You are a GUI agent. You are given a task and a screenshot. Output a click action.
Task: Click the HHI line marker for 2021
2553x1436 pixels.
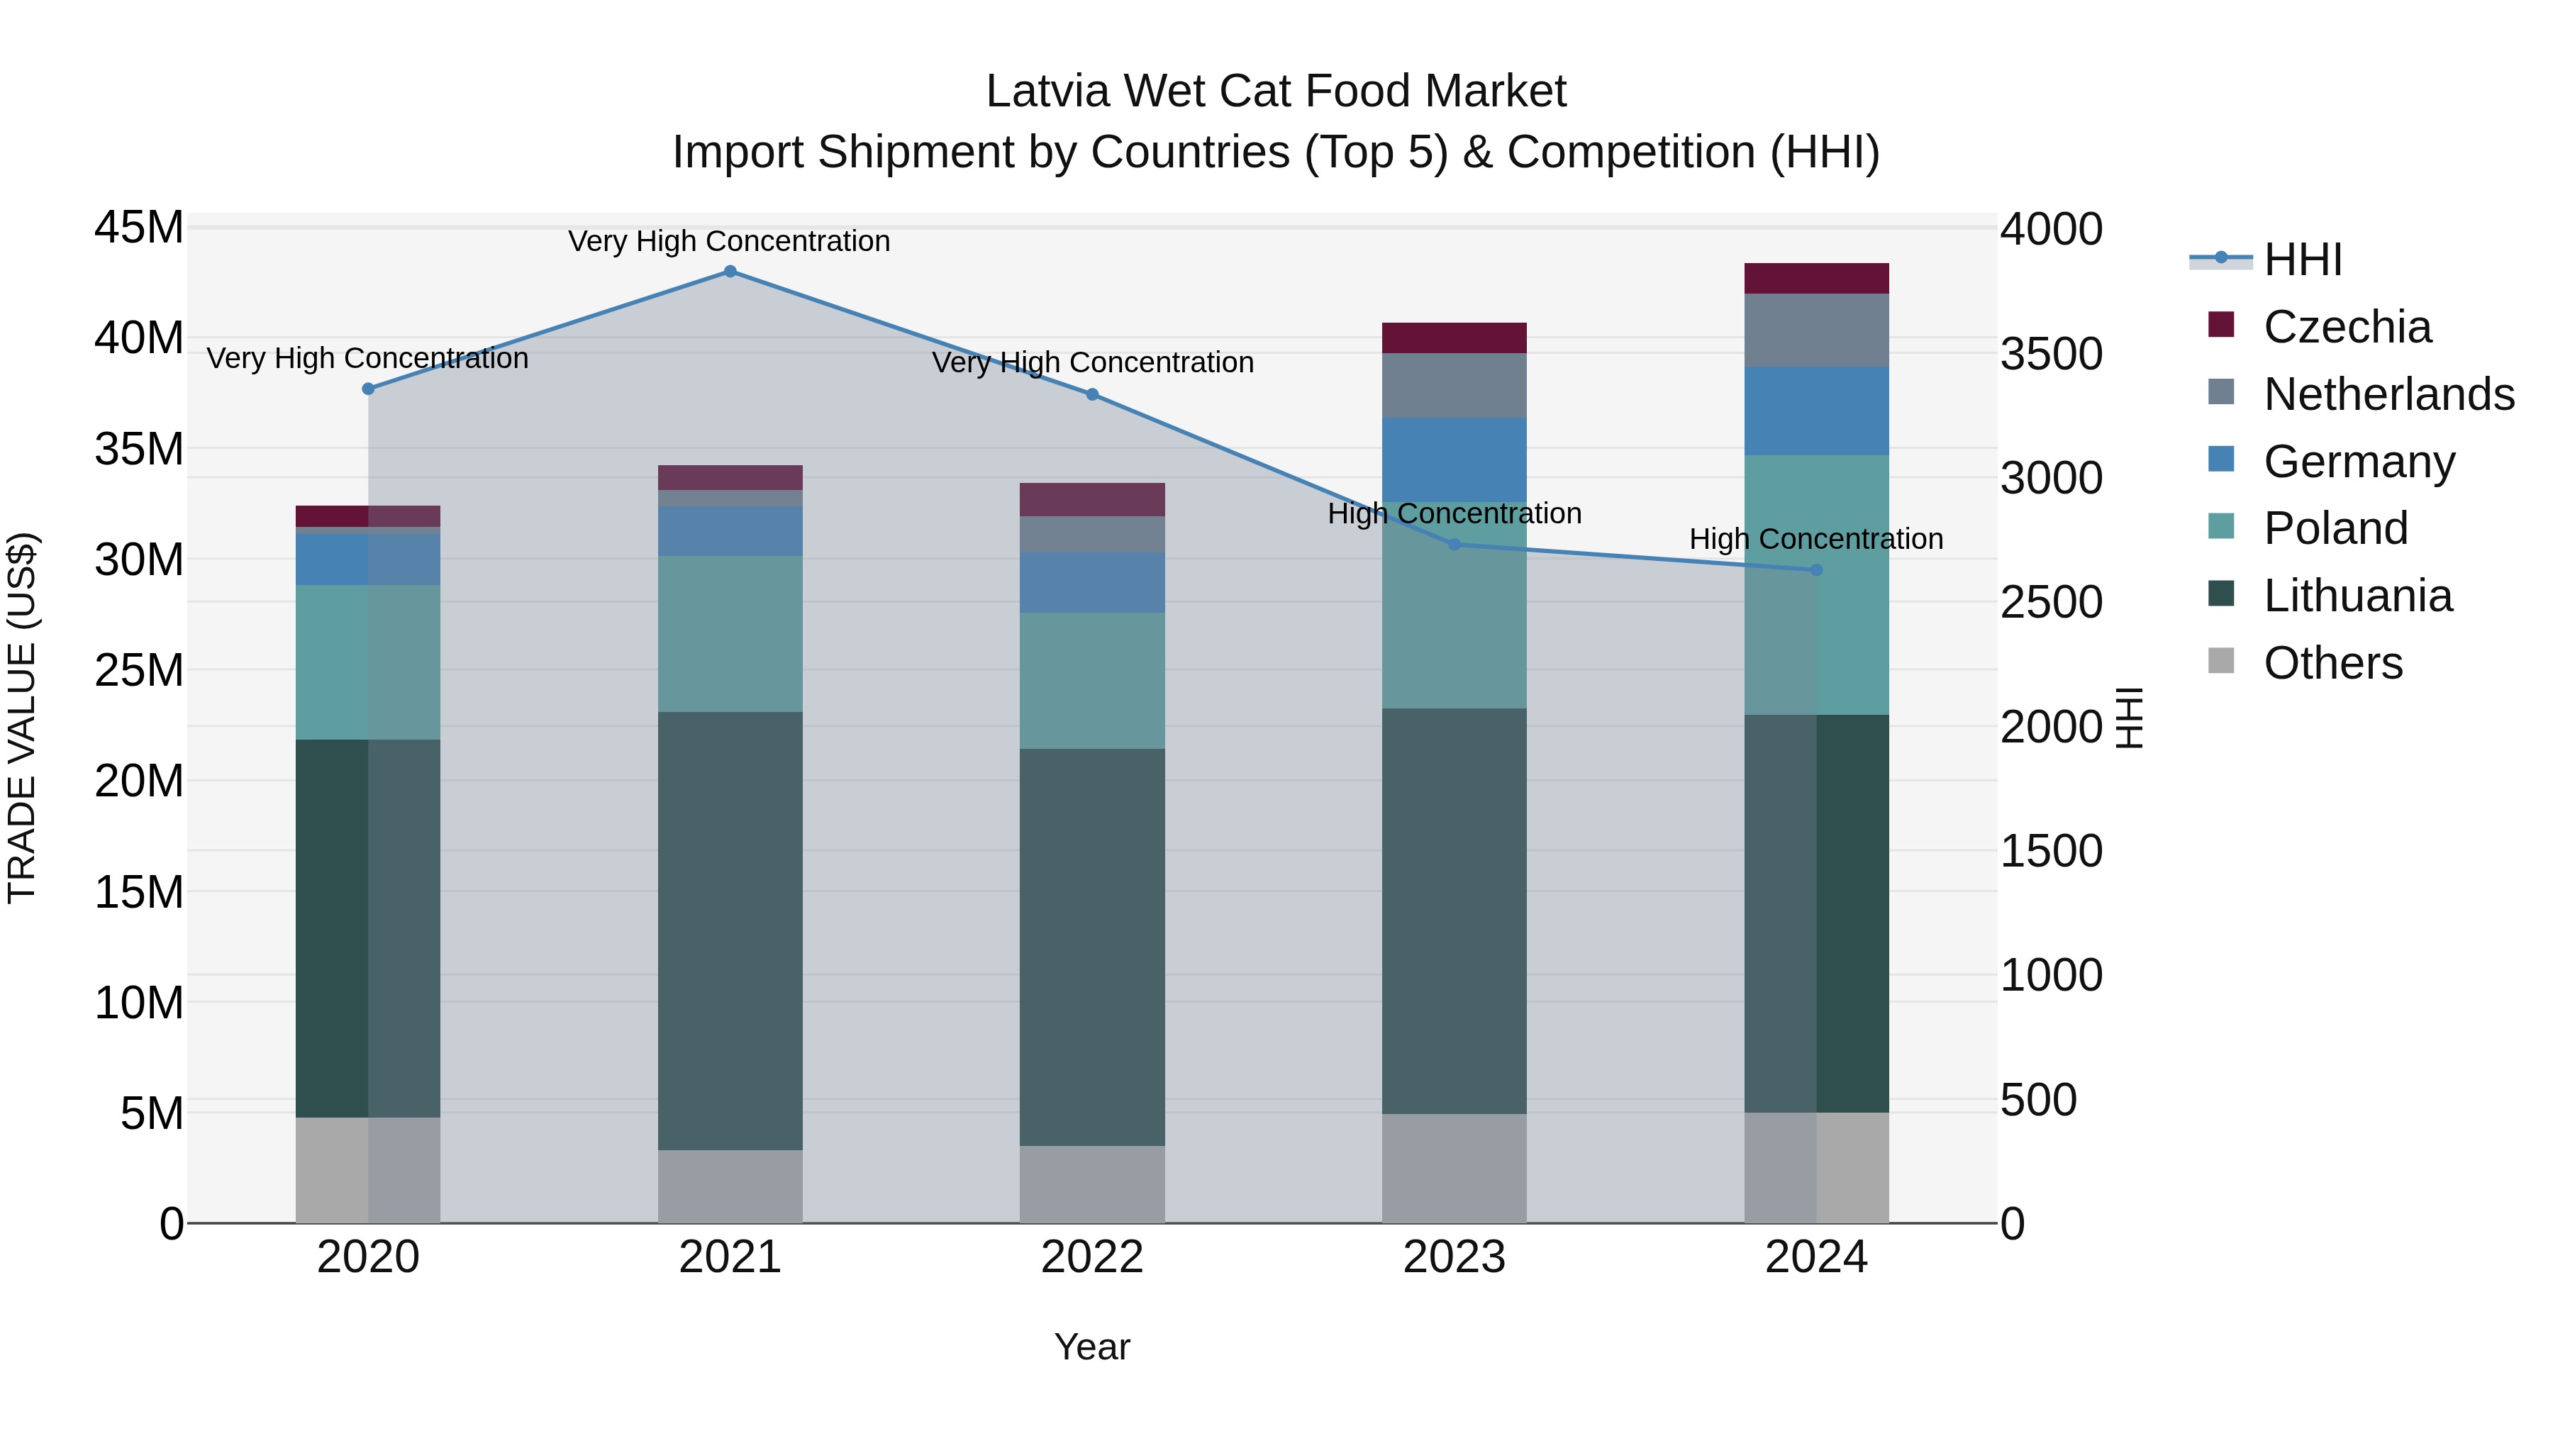pos(730,272)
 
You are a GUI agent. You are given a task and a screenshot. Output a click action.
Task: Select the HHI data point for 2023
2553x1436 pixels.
pos(1454,544)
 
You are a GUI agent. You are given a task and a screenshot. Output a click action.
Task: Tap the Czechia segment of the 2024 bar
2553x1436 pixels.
pos(1815,279)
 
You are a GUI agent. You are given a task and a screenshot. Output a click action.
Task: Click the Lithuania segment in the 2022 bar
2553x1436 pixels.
pos(1092,947)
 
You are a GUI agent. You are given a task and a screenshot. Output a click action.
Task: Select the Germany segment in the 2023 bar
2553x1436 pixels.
pos(1454,459)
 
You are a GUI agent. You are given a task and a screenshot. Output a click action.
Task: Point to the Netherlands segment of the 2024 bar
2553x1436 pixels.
pos(1815,330)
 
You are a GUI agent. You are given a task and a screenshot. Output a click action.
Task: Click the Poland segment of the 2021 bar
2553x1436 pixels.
pos(730,633)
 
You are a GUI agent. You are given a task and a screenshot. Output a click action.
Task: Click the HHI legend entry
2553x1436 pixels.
pos(2302,260)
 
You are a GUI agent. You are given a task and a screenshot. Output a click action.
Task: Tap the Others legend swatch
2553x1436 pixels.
pos(2221,661)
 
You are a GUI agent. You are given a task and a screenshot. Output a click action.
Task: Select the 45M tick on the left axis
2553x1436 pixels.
pos(139,228)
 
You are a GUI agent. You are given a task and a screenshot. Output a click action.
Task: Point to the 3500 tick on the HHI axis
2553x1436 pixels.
pos(2050,354)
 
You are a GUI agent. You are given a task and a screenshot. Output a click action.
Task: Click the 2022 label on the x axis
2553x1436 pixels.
pos(1092,1257)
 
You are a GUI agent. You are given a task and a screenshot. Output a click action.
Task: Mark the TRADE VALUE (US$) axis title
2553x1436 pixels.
pos(22,718)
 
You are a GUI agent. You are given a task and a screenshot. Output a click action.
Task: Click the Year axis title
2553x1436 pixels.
pos(1092,1347)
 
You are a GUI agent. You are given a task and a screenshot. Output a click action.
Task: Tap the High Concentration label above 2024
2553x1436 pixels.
pos(1815,539)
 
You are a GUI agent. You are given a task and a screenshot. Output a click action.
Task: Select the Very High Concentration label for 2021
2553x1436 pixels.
pos(730,241)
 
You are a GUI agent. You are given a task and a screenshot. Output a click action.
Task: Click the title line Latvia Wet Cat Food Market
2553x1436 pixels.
pos(1276,91)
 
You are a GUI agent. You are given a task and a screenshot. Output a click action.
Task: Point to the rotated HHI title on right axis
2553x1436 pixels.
pos(2130,718)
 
